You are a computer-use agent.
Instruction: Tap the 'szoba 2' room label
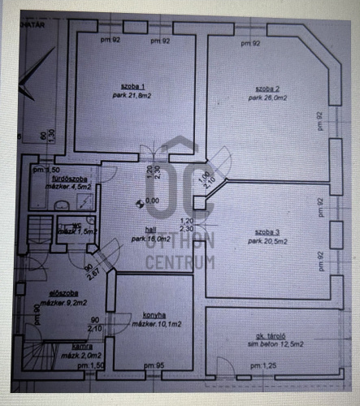click(267, 88)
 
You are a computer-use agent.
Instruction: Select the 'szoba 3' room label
click(267, 231)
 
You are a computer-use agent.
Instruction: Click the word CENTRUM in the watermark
click(180, 262)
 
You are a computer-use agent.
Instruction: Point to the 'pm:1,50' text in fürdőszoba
click(41, 170)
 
